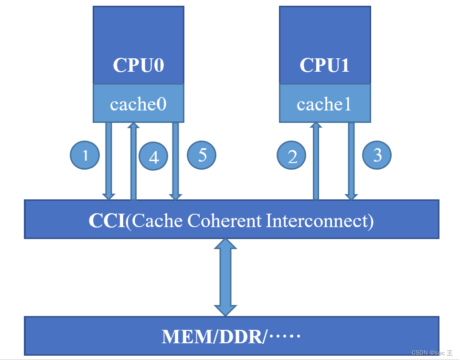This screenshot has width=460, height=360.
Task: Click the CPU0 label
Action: click(x=138, y=65)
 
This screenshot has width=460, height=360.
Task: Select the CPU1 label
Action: click(x=324, y=65)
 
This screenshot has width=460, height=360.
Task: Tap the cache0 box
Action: click(x=138, y=104)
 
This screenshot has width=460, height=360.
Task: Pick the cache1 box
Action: click(x=324, y=104)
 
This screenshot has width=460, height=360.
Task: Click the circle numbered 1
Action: click(x=85, y=155)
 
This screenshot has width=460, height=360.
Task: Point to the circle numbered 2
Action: click(x=292, y=156)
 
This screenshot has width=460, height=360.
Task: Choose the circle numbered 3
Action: click(x=377, y=155)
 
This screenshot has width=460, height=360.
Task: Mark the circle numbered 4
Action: click(x=153, y=157)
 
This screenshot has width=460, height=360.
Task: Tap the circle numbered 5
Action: click(x=202, y=155)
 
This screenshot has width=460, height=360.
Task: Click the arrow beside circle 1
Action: click(x=109, y=160)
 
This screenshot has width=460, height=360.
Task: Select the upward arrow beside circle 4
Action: click(x=134, y=161)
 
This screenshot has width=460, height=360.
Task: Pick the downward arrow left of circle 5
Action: click(x=175, y=161)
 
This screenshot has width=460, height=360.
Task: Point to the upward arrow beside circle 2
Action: click(x=316, y=161)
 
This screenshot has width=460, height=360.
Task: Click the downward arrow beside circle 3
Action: click(x=352, y=161)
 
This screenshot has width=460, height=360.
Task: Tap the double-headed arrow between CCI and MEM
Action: click(x=225, y=277)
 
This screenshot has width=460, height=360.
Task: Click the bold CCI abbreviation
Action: click(x=107, y=220)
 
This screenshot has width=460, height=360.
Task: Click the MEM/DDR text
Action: click(x=214, y=337)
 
